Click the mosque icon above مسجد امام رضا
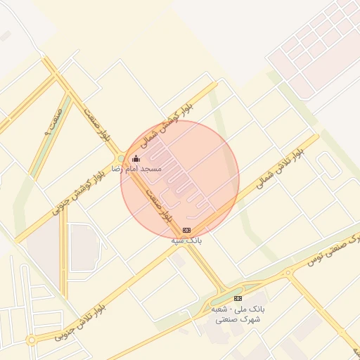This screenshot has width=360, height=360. point(136,159)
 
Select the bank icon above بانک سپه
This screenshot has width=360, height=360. point(186,230)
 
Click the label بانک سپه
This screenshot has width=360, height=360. point(187,240)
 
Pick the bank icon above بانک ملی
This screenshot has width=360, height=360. point(238,298)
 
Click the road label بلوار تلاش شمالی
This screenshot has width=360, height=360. point(281,169)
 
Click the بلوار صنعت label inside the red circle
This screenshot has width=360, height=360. point(159,205)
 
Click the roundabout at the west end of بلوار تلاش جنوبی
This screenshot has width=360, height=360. point(32,340)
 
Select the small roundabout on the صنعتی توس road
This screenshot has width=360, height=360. point(288,273)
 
